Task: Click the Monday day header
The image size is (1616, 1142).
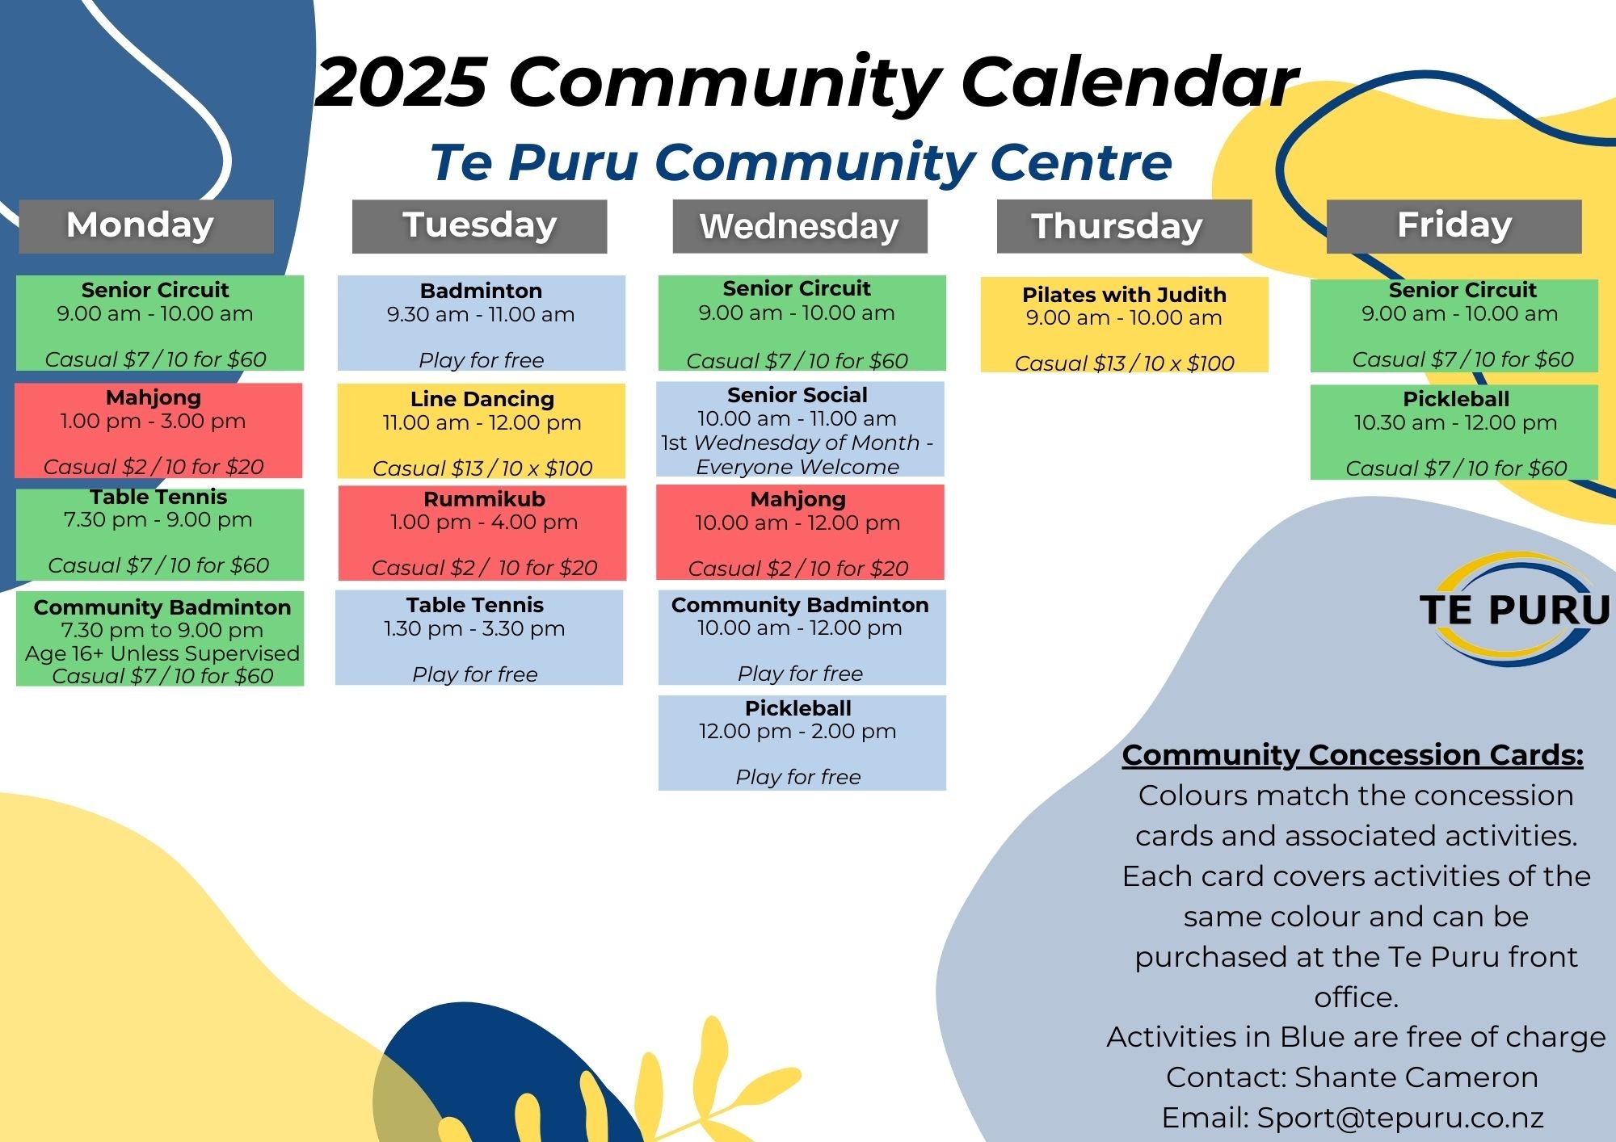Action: (x=140, y=225)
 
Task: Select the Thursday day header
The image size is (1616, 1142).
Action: (x=1117, y=226)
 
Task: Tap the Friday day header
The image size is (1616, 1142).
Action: (x=1454, y=225)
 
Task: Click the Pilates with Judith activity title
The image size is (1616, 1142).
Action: (x=1124, y=295)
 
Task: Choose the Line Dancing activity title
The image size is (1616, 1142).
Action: (x=482, y=399)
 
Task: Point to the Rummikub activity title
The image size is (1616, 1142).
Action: (x=484, y=499)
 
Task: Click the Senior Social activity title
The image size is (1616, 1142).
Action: (x=797, y=395)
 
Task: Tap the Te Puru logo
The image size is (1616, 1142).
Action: (x=1513, y=609)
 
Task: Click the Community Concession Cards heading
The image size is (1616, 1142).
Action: (x=1353, y=755)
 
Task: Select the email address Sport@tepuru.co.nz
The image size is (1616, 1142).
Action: (x=1400, y=1118)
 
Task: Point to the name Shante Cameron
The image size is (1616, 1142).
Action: (x=1416, y=1077)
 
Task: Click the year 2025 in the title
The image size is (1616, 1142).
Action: (x=402, y=82)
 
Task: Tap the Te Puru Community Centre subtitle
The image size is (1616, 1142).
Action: (x=800, y=162)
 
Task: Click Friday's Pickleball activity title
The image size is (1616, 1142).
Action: (x=1456, y=399)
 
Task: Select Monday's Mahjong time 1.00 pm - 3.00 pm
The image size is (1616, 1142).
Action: (x=154, y=421)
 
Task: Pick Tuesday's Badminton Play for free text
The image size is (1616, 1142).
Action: (x=482, y=360)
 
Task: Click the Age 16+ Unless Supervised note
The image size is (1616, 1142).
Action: (x=162, y=653)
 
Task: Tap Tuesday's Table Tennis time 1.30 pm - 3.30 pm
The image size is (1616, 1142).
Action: (x=474, y=628)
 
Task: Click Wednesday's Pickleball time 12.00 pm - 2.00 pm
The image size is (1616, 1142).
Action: (x=797, y=732)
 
